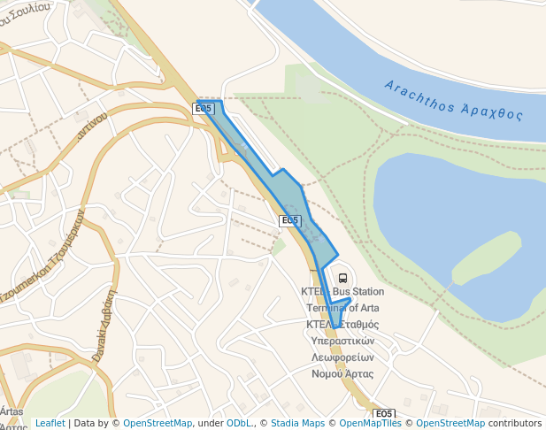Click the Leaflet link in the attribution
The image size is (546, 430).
[x=50, y=423]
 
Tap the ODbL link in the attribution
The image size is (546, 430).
[x=238, y=423]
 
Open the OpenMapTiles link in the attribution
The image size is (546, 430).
[x=372, y=423]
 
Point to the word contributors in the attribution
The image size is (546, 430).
[x=514, y=423]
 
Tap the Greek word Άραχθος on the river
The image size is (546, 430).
[x=492, y=111]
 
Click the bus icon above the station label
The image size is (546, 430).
[x=342, y=278]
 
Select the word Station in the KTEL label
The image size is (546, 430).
[x=367, y=292]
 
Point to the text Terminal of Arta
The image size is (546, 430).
[x=343, y=308]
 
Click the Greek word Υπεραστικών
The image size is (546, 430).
[x=343, y=341]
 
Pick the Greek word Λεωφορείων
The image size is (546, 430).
[x=343, y=357]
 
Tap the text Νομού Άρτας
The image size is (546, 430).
[x=343, y=373]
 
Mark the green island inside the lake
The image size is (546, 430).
[x=485, y=257]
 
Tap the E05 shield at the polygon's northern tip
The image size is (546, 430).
[x=203, y=109]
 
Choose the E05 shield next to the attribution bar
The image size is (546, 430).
[x=383, y=413]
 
